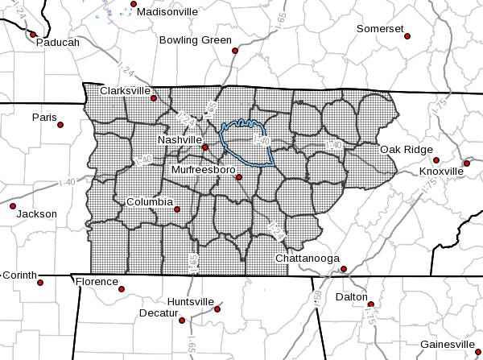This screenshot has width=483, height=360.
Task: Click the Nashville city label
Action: click(179, 139)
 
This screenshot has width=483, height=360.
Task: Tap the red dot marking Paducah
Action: click(33, 35)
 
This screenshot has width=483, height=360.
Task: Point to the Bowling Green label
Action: click(195, 39)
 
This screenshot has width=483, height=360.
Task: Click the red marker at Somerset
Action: click(407, 36)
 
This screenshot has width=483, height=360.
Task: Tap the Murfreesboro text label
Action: click(203, 170)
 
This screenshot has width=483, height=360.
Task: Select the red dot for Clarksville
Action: click(154, 99)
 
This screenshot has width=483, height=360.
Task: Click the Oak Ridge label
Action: click(407, 149)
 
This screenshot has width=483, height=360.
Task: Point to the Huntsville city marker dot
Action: click(218, 308)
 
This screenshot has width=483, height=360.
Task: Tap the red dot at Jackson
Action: click(13, 205)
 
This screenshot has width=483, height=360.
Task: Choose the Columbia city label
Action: click(149, 201)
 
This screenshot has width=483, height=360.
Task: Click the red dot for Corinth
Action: click(40, 283)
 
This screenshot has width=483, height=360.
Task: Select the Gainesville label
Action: click(447, 344)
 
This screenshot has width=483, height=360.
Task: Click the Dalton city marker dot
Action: click(371, 304)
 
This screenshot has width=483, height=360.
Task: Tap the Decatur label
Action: click(158, 312)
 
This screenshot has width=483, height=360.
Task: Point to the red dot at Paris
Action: click(60, 124)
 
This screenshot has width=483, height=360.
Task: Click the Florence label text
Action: click(96, 281)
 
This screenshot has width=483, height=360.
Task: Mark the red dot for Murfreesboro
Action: click(238, 177)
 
